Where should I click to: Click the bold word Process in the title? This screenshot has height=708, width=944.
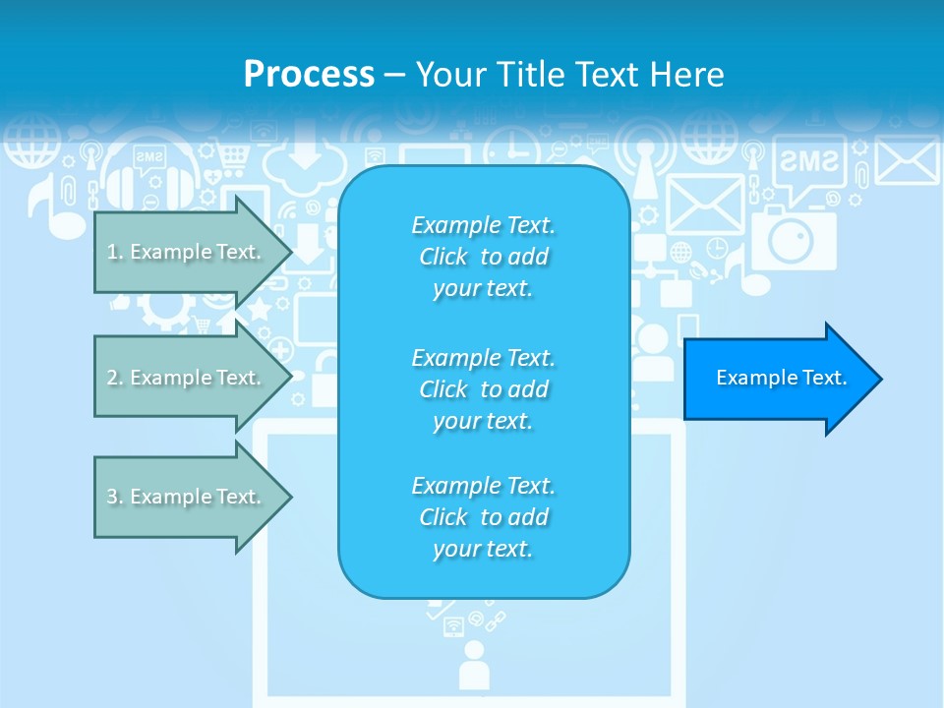[x=309, y=74]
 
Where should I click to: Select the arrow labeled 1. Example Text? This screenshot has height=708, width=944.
[x=187, y=252]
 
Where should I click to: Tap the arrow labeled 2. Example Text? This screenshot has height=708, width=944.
[x=187, y=378]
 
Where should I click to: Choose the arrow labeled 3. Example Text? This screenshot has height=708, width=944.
[x=187, y=497]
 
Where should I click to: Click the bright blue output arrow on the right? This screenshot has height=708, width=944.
[x=782, y=379]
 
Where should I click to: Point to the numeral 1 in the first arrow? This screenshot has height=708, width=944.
[x=111, y=252]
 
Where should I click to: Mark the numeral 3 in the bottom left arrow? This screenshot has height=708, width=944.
[x=112, y=497]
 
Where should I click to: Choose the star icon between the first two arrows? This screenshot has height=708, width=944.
[x=260, y=312]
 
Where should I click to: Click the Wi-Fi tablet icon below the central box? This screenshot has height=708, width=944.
[x=453, y=625]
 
